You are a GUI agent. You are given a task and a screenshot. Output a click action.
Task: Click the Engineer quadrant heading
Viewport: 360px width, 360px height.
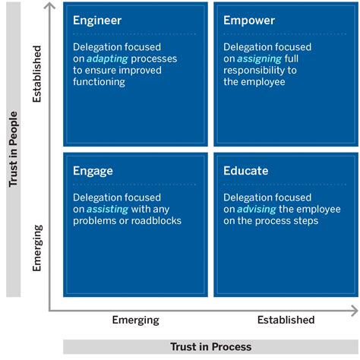click(96, 21)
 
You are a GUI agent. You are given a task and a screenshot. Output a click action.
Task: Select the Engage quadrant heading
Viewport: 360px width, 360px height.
click(93, 171)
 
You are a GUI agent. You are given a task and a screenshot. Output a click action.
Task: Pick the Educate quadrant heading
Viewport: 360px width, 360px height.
click(245, 171)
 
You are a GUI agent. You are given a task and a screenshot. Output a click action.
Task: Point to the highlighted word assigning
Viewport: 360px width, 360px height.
click(259, 58)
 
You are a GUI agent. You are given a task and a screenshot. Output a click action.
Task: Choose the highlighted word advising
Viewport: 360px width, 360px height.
click(257, 209)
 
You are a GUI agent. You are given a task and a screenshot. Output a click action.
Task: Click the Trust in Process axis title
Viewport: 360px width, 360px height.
click(210, 347)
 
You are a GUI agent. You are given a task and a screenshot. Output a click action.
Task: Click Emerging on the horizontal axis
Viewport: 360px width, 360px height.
click(135, 320)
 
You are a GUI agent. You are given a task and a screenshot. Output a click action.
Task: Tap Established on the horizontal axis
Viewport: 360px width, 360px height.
click(286, 320)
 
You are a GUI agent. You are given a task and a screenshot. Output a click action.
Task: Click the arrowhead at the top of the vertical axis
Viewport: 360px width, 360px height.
click(50, 7)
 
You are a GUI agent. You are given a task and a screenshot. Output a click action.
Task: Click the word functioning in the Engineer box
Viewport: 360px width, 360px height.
click(99, 81)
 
